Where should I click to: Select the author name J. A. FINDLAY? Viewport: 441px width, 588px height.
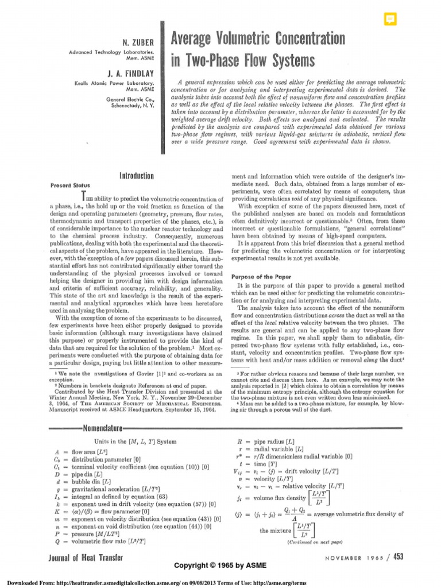[134, 73]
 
